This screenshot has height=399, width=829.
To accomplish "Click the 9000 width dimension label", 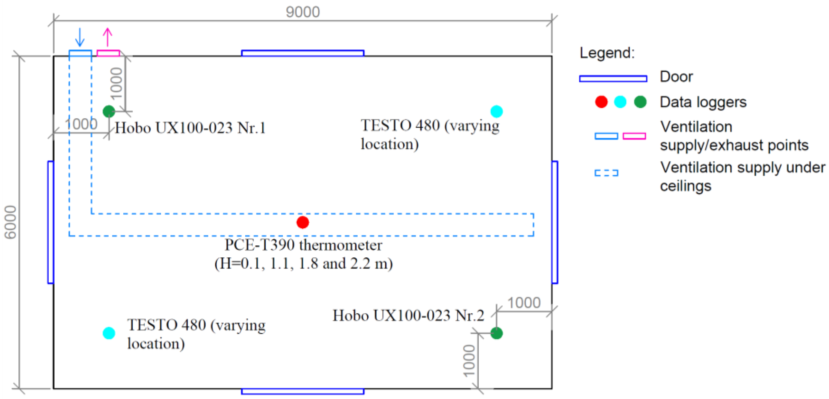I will (x=303, y=12).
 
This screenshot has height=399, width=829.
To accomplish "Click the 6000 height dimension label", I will (x=10, y=222).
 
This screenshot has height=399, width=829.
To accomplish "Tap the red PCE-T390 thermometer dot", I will (x=303, y=222).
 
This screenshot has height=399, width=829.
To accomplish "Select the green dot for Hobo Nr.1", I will (x=109, y=111).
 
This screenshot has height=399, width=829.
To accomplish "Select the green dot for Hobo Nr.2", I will (x=496, y=333).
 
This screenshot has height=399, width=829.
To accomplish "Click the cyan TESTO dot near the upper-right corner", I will (x=496, y=111).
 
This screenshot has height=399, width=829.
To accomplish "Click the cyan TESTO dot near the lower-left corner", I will (x=109, y=333).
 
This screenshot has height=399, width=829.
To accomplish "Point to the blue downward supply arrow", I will (x=80, y=37).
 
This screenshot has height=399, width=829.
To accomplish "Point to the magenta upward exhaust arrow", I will (x=108, y=37).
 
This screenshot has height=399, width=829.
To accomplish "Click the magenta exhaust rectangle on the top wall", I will (x=108, y=53).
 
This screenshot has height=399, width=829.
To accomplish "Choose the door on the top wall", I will (x=303, y=53).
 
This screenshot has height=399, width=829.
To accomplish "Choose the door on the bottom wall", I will (x=303, y=391).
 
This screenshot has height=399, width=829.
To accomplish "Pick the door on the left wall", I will (x=51, y=222).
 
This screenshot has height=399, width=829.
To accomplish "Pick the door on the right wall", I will (x=555, y=222).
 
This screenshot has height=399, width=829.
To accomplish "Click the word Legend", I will (x=607, y=53).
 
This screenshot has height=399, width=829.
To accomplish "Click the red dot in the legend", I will (x=601, y=102).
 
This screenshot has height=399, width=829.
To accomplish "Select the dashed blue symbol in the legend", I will (x=606, y=173).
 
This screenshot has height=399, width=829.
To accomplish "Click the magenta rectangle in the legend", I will (x=634, y=136).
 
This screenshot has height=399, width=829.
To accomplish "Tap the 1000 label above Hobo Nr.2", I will (x=524, y=303).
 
